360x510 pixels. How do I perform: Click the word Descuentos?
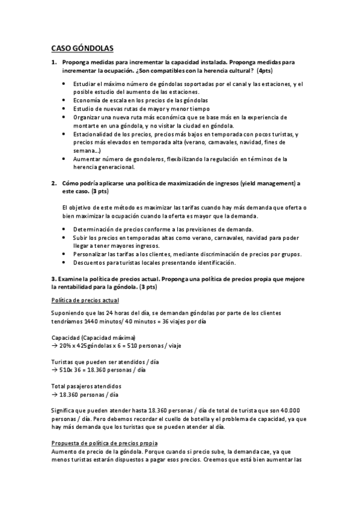pos(90,262)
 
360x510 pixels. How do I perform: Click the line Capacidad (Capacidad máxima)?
pos(93,338)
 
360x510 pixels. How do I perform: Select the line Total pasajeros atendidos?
pos(87,386)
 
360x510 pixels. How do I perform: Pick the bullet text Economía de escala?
pos(100,100)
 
